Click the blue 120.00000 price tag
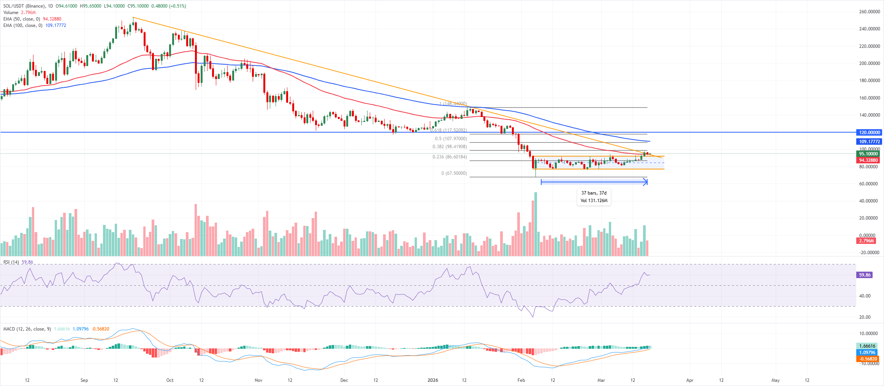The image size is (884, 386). pyautogui.click(x=870, y=133)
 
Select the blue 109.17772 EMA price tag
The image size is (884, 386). pyautogui.click(x=870, y=141)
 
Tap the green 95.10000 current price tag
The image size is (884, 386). pyautogui.click(x=868, y=154)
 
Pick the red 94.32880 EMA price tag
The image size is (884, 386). pyautogui.click(x=868, y=160)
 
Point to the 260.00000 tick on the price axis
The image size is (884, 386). pyautogui.click(x=869, y=12)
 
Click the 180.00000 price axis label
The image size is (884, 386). pyautogui.click(x=869, y=81)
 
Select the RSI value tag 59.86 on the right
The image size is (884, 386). pyautogui.click(x=865, y=275)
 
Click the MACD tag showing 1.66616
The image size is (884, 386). pyautogui.click(x=867, y=346)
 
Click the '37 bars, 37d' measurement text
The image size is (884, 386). pyautogui.click(x=594, y=193)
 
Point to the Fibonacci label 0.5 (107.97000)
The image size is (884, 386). pyautogui.click(x=451, y=139)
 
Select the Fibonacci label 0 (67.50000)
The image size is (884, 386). pyautogui.click(x=454, y=173)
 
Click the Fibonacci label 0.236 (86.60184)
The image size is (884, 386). pyautogui.click(x=450, y=157)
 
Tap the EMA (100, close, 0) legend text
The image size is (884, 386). pyautogui.click(x=23, y=25)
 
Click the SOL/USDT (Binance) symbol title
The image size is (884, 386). pyautogui.click(x=23, y=6)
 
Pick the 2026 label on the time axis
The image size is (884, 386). pyautogui.click(x=432, y=380)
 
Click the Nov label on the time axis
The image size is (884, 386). pyautogui.click(x=258, y=380)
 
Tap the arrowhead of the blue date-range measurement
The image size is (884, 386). pyautogui.click(x=645, y=182)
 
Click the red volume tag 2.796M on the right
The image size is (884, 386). pyautogui.click(x=866, y=241)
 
